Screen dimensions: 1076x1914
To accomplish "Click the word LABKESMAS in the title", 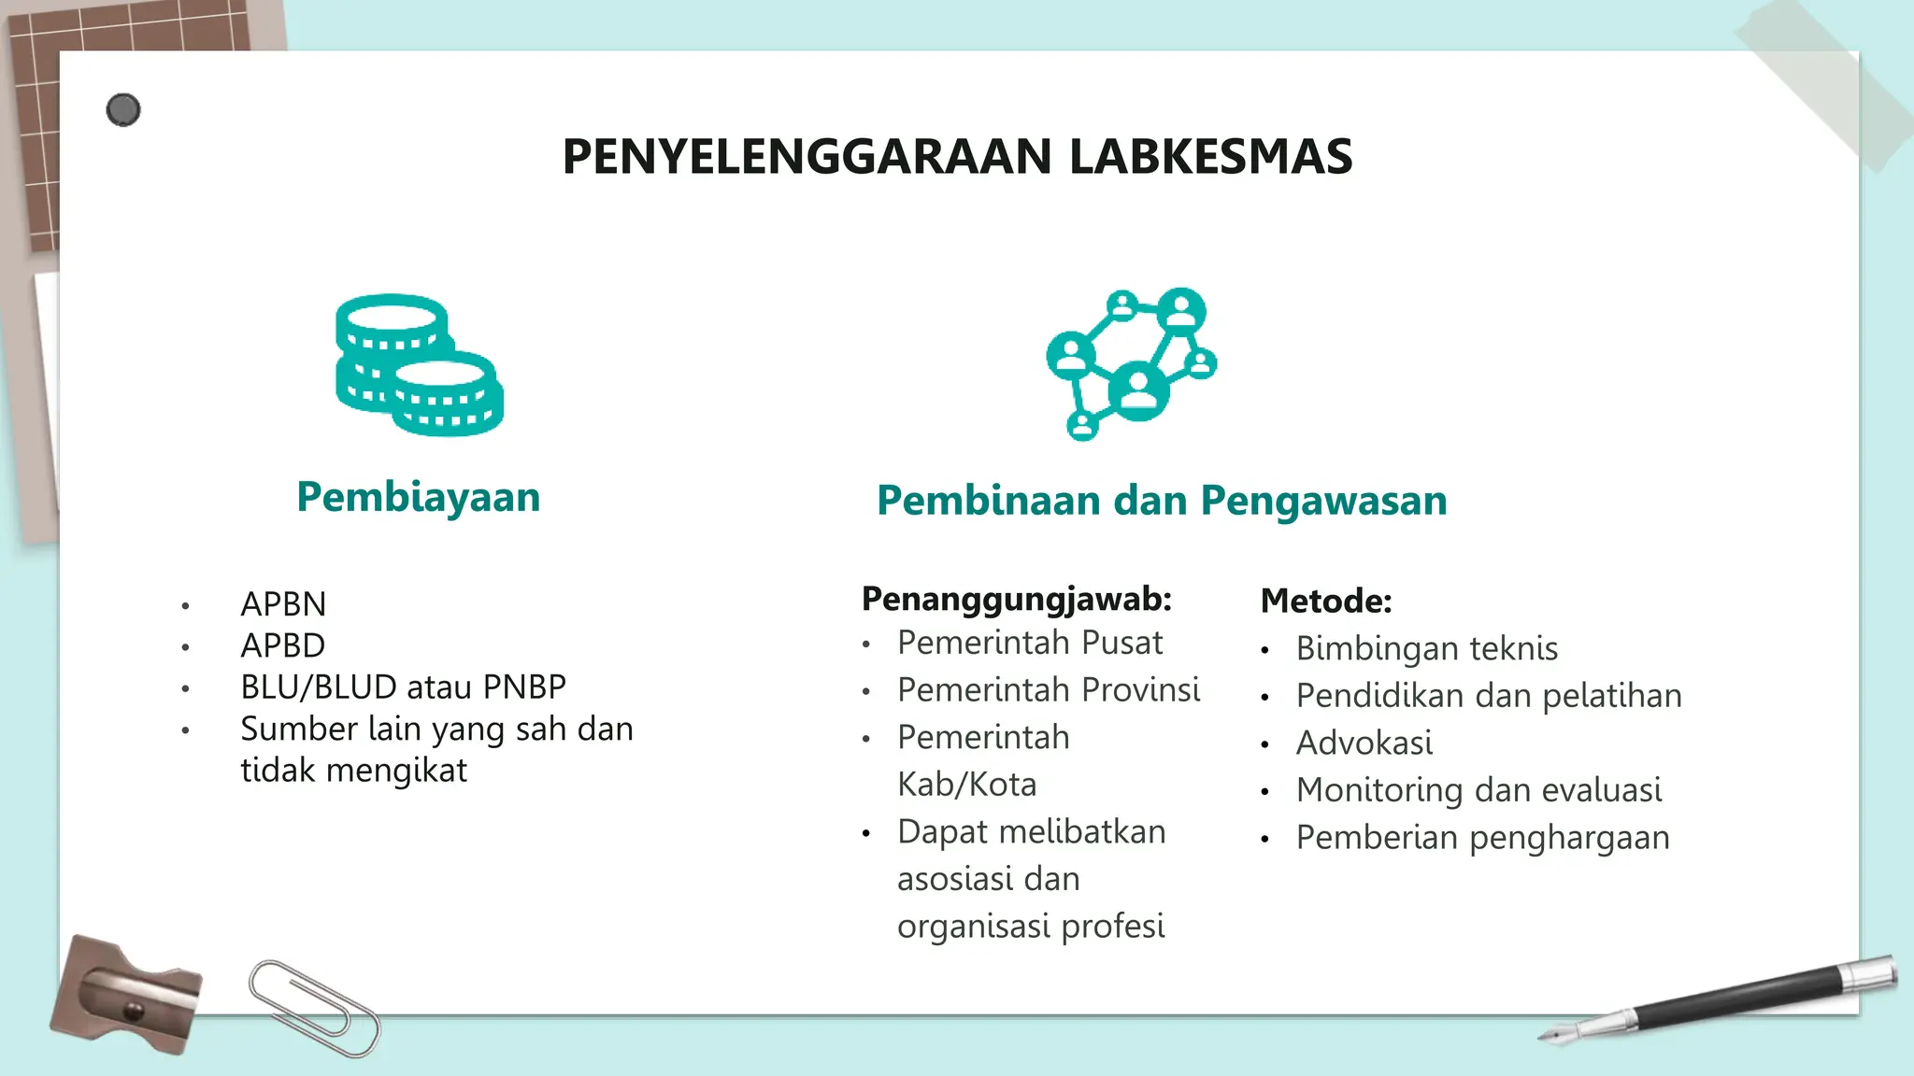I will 1210,156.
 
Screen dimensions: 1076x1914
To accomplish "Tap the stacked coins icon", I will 419,365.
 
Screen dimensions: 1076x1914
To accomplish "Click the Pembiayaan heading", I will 418,497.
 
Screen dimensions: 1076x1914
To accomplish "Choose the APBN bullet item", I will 283,604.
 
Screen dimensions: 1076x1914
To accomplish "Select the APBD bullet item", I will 283,645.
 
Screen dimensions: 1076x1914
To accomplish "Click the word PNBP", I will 524,687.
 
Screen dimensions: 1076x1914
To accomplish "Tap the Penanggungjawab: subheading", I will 1016,599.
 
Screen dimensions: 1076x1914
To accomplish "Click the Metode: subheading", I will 1325,601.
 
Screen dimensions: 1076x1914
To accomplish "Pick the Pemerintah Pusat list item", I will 1030,643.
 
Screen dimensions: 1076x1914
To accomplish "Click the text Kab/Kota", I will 966,785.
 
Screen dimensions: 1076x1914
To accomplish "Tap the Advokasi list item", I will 1364,743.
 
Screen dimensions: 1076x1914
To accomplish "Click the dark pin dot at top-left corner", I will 123,110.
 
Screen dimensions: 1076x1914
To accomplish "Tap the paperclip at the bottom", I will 314,1008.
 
